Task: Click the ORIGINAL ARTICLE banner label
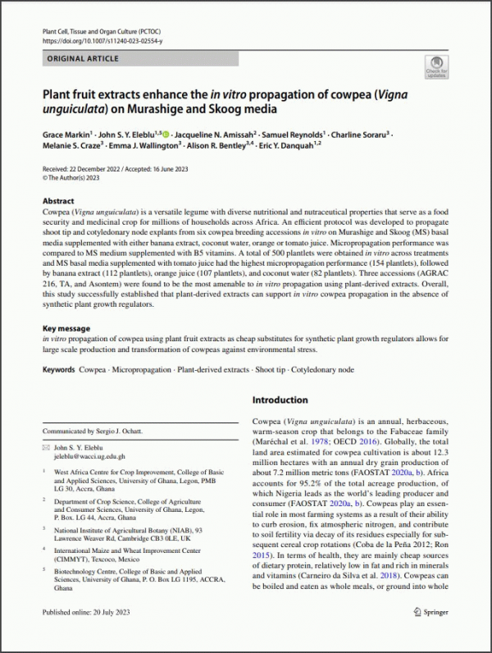coord(83,59)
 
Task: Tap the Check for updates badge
coord(437,69)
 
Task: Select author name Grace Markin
coord(69,133)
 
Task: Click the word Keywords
coord(58,370)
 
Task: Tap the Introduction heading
coord(280,400)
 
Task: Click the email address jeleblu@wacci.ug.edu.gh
coord(89,456)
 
